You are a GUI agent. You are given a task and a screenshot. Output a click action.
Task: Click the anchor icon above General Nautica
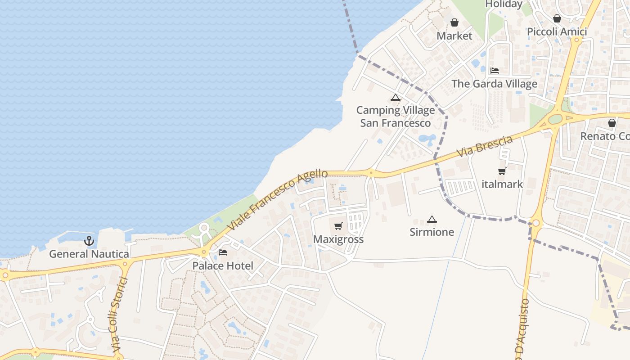click(x=89, y=241)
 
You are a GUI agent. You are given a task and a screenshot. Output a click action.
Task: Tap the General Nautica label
click(x=89, y=254)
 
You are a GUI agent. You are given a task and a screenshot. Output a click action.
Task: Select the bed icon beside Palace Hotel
click(x=223, y=252)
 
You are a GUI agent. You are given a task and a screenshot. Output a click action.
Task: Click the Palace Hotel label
click(x=223, y=265)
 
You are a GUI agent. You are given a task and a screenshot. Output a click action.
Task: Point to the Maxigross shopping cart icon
click(x=338, y=226)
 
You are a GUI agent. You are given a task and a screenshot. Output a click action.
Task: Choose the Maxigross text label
click(x=338, y=239)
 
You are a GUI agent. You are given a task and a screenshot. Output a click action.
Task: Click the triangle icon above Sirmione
click(x=432, y=220)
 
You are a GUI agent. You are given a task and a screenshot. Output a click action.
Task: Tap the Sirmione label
click(x=432, y=232)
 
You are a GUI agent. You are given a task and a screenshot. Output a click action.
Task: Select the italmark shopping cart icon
click(x=502, y=171)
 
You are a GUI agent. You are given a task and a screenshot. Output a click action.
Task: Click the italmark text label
click(x=502, y=184)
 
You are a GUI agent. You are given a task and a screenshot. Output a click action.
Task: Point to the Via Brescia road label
click(x=485, y=147)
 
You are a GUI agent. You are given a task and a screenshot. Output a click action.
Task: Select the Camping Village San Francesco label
click(x=396, y=117)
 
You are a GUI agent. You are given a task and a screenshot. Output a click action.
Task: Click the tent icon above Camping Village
click(x=396, y=98)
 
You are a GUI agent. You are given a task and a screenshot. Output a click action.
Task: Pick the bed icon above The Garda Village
click(x=495, y=71)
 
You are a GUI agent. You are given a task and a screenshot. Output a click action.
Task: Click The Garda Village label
click(x=495, y=84)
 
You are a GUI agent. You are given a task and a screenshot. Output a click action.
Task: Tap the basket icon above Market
click(x=454, y=22)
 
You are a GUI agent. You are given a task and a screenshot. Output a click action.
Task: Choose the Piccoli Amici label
click(x=557, y=31)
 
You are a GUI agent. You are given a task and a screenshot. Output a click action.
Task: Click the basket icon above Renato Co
click(x=612, y=123)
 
